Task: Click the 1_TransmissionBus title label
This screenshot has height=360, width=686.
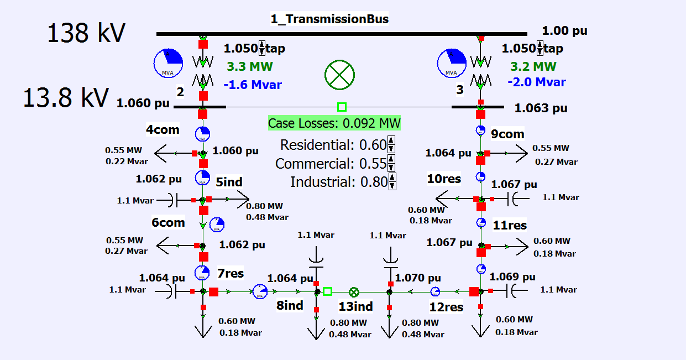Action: point(329,19)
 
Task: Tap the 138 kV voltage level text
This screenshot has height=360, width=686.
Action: point(86,33)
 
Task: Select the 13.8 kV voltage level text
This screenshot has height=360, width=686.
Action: point(66,97)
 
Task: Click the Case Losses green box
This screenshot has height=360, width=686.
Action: point(334,123)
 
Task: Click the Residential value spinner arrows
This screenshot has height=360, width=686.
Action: point(391,144)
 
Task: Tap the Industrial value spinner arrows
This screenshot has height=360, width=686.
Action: point(392,181)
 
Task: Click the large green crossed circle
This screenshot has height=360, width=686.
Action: point(339,75)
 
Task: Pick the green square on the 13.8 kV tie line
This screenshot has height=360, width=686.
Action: point(342,107)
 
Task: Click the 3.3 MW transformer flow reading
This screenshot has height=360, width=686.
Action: point(250,66)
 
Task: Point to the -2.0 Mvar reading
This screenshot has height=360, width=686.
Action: point(537,82)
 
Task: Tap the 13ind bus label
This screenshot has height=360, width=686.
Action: point(355,306)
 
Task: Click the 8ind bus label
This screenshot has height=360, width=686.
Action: point(290,305)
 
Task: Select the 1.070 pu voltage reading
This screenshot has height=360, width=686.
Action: point(418,278)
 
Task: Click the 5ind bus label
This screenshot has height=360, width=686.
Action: point(229,182)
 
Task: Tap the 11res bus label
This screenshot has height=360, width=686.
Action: point(510,225)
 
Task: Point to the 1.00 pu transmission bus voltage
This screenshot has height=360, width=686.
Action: point(565,30)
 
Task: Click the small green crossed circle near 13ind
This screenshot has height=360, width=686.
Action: point(354,293)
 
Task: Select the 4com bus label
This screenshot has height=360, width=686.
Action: point(163,129)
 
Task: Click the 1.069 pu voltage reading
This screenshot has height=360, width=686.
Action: point(512,276)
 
